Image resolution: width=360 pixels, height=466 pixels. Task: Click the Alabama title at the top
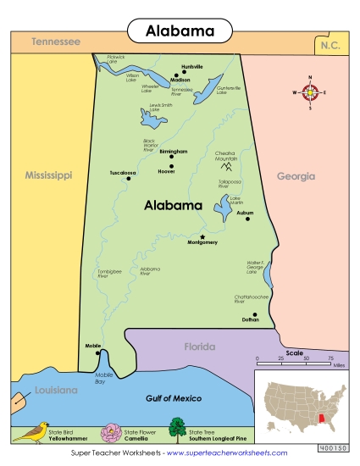[x=180, y=31]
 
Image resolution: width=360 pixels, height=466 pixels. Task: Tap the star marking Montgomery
[x=202, y=236]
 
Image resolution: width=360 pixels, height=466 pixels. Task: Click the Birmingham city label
[x=172, y=152]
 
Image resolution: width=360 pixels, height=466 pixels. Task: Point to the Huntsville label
[x=192, y=66]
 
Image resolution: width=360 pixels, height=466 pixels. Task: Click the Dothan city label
[x=250, y=320]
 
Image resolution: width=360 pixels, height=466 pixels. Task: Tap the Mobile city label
[x=93, y=346]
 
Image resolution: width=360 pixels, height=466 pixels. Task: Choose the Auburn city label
[x=245, y=213]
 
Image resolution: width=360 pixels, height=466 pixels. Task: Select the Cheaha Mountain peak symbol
[x=225, y=167]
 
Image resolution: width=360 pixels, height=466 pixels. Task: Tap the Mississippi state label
[x=47, y=175]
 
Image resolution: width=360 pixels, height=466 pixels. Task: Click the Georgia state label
[x=296, y=176]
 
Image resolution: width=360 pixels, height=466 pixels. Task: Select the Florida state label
[x=200, y=347]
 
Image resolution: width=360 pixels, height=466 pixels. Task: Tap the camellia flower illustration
[x=112, y=433]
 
